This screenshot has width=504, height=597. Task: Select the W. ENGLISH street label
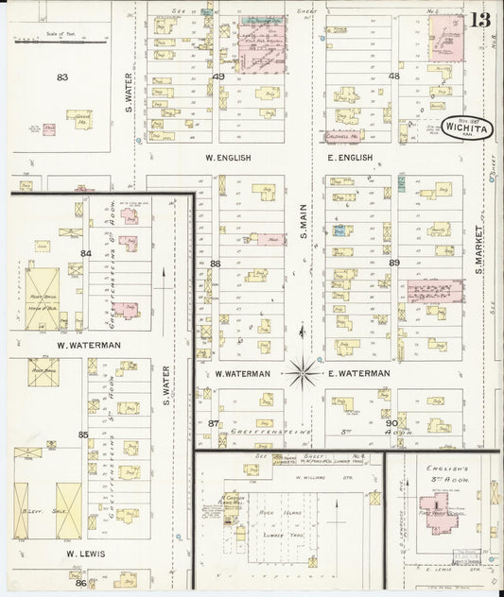coord(227,158)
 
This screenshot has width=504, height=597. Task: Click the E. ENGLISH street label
coord(350,158)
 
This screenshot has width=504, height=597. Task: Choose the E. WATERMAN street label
coord(359,373)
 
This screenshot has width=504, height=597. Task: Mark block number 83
coord(63,77)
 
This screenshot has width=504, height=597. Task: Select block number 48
coord(393,77)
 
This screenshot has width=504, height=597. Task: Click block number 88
coord(216,264)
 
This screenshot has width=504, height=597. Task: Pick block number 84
coord(85,253)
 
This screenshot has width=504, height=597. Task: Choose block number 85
coord(83,435)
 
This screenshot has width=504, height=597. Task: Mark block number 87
coord(214,423)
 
